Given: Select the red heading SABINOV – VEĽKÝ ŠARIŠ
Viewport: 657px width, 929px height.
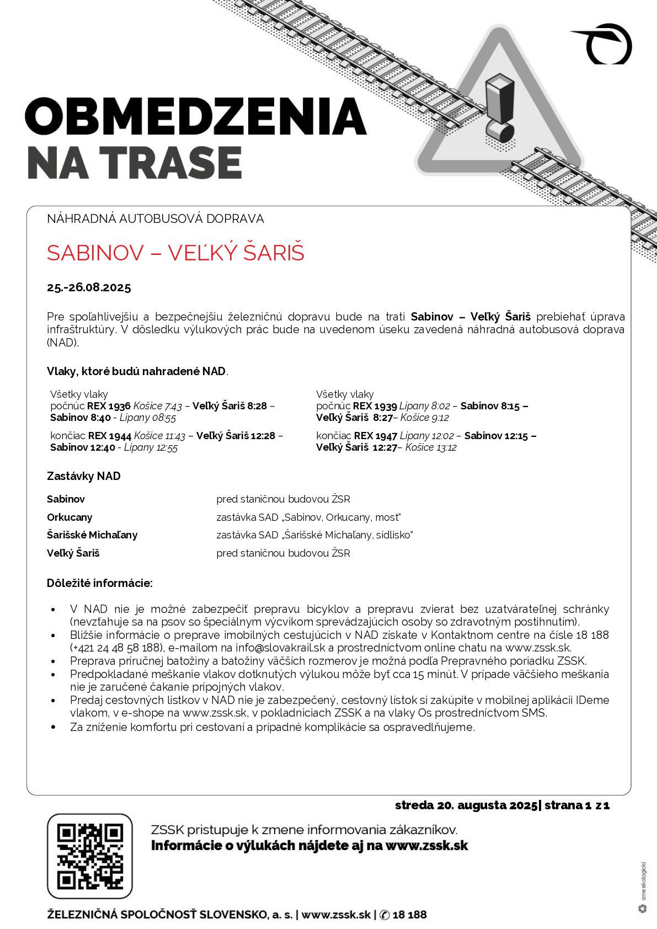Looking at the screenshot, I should pyautogui.click(x=175, y=253).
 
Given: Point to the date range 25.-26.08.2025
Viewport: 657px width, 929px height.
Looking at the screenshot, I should pyautogui.click(x=89, y=287).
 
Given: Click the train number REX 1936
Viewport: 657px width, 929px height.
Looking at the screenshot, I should pyautogui.click(x=109, y=407).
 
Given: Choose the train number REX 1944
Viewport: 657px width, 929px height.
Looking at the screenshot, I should pyautogui.click(x=110, y=435).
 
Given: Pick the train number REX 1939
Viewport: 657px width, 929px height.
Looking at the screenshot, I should pyautogui.click(x=375, y=407).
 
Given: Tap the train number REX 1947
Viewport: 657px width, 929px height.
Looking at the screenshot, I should pyautogui.click(x=376, y=435).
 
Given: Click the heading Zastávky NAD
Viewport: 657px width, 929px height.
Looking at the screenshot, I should pyautogui.click(x=84, y=476).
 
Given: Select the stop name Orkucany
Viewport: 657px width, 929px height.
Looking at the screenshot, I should pyautogui.click(x=70, y=517).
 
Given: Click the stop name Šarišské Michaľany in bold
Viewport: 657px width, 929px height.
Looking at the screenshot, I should pyautogui.click(x=92, y=535).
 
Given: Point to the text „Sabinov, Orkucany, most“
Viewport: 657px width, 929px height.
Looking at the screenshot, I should pyautogui.click(x=341, y=517).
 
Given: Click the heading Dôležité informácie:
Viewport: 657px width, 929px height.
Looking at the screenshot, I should pyautogui.click(x=100, y=583).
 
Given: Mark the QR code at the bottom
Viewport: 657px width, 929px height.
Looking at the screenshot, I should pyautogui.click(x=90, y=856).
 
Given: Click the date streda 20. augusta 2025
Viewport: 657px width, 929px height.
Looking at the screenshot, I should pyautogui.click(x=466, y=805).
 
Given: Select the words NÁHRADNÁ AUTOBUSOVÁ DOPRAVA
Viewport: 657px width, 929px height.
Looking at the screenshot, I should pyautogui.click(x=156, y=219).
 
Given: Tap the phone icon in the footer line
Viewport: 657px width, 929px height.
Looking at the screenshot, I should pyautogui.click(x=385, y=915).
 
